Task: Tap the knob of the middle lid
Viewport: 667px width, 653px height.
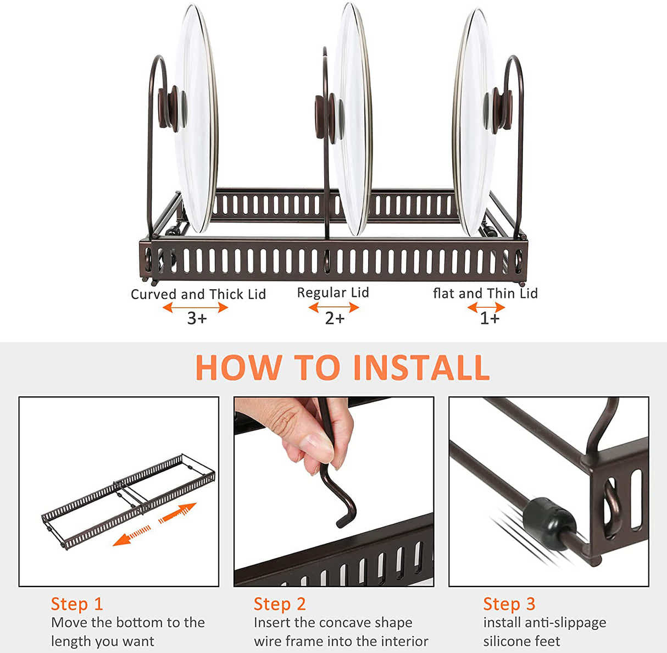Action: tap(329, 118)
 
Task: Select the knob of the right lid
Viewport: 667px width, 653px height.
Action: tap(498, 110)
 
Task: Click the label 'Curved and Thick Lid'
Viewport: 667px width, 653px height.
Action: tap(198, 294)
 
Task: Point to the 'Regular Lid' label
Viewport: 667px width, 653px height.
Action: tap(333, 292)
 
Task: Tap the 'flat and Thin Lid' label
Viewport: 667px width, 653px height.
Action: tap(485, 294)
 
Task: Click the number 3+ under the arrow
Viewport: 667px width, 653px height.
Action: tap(197, 319)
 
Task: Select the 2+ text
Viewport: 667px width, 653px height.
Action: tap(335, 319)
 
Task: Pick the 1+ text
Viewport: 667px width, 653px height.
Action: tap(490, 319)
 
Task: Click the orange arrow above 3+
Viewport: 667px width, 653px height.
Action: tap(196, 307)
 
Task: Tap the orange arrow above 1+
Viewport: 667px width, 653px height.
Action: tap(486, 307)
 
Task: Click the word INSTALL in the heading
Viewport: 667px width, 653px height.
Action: tap(421, 367)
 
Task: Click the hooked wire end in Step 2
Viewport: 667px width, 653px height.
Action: tap(346, 514)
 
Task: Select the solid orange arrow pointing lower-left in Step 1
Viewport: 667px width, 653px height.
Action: tap(131, 536)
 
